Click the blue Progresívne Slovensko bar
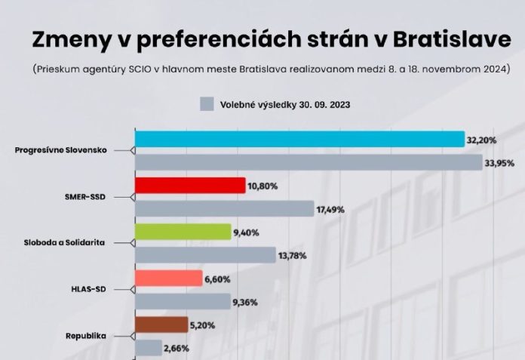pyautogui.click(x=299, y=140)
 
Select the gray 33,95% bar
pyautogui.click(x=309, y=162)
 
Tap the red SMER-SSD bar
pyautogui.click(x=190, y=186)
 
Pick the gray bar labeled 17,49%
pyautogui.click(x=224, y=208)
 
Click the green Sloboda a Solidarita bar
pyautogui.click(x=183, y=232)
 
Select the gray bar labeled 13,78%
pyautogui.click(x=205, y=255)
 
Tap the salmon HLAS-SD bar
pyautogui.click(x=168, y=278)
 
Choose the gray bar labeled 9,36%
pyautogui.click(x=183, y=301)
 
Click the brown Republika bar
pyautogui.click(x=161, y=325)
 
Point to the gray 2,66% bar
pyautogui.click(x=149, y=347)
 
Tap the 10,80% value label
pyautogui.click(x=265, y=186)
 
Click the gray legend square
pyautogui.click(x=207, y=104)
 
